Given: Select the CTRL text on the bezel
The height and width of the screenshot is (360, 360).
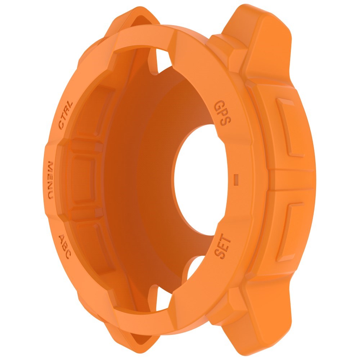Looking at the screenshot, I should tap(66, 114).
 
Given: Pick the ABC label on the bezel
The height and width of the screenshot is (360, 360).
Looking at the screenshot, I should tap(64, 245).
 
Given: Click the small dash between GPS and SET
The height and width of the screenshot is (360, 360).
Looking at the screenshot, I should tap(237, 177).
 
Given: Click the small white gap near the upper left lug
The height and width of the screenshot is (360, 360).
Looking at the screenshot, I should tap(161, 58).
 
